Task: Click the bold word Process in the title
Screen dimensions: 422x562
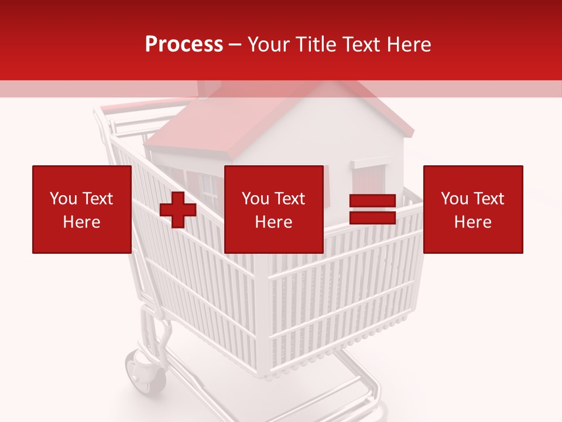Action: point(184,45)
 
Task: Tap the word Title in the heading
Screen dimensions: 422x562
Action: point(316,45)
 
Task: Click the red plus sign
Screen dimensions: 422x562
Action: point(178,210)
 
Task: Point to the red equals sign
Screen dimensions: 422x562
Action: point(372,209)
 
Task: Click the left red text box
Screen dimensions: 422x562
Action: point(81,209)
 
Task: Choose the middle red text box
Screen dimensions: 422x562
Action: point(273,209)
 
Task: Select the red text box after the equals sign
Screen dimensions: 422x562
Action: point(472,209)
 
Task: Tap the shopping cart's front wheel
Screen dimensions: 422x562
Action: point(145,372)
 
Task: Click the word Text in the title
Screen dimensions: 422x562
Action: point(359,45)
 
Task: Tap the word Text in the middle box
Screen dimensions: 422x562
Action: point(290,199)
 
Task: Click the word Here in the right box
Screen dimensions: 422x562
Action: point(472,222)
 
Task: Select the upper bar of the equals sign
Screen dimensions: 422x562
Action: point(372,201)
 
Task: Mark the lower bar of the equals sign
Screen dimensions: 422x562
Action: point(372,217)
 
